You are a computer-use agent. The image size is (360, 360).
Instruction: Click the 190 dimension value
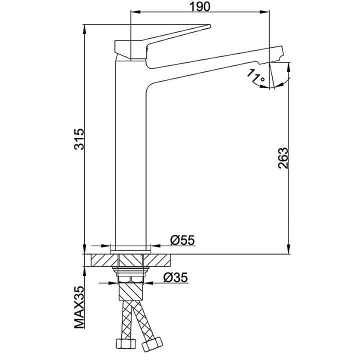click(x=199, y=6)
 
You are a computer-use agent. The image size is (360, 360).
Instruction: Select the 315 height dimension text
click(x=79, y=139)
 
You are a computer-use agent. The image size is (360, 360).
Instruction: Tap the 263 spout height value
click(x=283, y=158)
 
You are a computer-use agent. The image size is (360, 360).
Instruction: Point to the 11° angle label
click(x=255, y=75)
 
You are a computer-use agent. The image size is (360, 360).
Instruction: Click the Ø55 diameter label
click(x=182, y=240)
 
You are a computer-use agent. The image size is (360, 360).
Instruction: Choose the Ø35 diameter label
click(x=175, y=277)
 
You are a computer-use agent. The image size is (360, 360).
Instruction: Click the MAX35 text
click(x=79, y=307)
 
